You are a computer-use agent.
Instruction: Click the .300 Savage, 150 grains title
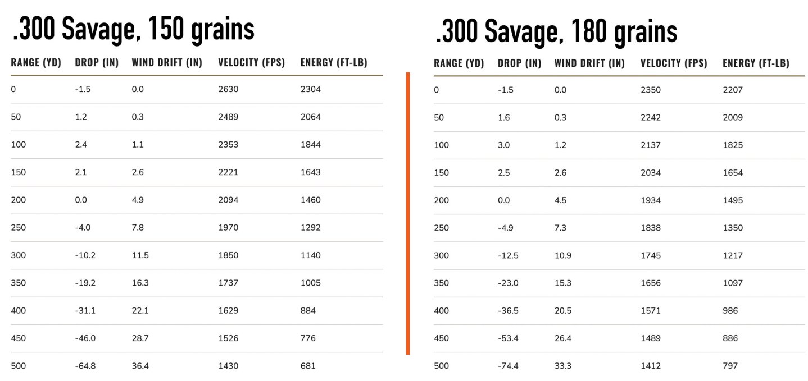point(133,29)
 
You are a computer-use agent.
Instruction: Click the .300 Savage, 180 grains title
point(556,31)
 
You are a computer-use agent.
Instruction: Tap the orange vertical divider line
point(407,213)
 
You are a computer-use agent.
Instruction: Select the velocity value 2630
point(228,89)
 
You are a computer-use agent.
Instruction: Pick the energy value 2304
point(311,89)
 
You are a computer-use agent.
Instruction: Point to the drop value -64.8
point(85,366)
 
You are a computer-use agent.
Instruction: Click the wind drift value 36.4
point(140,366)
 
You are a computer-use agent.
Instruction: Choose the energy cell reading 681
point(308,366)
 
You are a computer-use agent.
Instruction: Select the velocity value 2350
point(651,90)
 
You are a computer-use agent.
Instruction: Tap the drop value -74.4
point(508,366)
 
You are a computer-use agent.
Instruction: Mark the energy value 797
point(730,366)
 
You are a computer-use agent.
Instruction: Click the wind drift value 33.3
point(563,366)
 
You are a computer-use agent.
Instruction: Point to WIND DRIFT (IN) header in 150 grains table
point(167,63)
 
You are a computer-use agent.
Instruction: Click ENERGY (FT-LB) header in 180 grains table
point(756,63)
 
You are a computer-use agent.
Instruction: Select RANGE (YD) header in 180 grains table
point(459,63)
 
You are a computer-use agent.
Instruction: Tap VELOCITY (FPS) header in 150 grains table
point(252,63)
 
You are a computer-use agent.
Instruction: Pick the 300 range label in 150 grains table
point(18,255)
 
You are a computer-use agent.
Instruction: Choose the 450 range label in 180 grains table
point(441,338)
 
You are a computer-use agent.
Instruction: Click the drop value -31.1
point(85,311)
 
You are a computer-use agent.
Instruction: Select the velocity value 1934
point(651,200)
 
